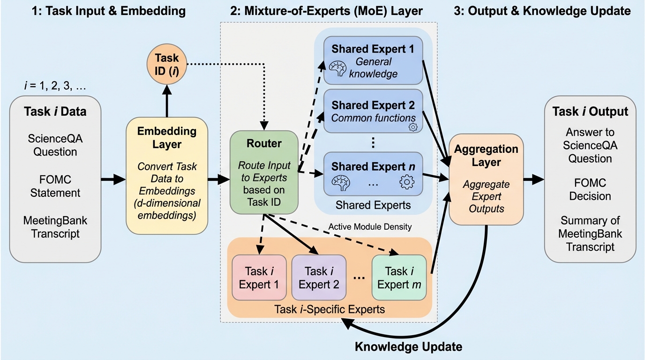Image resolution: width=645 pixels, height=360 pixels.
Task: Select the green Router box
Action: [264, 172]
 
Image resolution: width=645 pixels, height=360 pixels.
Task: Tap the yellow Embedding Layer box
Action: [167, 176]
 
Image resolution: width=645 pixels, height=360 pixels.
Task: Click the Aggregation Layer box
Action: [486, 179]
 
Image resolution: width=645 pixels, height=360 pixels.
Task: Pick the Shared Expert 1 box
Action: [373, 60]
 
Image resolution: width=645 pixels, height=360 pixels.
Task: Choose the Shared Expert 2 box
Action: [373, 111]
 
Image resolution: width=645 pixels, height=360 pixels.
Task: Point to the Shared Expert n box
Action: [373, 173]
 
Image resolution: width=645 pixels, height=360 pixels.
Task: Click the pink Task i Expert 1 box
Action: [259, 277]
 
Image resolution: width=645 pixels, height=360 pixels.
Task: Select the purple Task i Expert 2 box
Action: [319, 277]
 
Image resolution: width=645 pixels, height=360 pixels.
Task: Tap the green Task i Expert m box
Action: [399, 277]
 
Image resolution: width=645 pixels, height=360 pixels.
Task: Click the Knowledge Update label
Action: [408, 347]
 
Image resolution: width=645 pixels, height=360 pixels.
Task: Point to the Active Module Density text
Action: [370, 227]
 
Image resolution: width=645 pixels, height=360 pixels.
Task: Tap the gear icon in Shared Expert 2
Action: [413, 127]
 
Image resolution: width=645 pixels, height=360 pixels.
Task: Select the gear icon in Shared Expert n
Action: [407, 182]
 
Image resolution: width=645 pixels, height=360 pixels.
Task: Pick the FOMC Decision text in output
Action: [590, 189]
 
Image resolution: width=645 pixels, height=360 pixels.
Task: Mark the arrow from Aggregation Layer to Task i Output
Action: [532, 179]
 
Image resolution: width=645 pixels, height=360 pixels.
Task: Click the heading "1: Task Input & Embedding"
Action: [108, 11]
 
